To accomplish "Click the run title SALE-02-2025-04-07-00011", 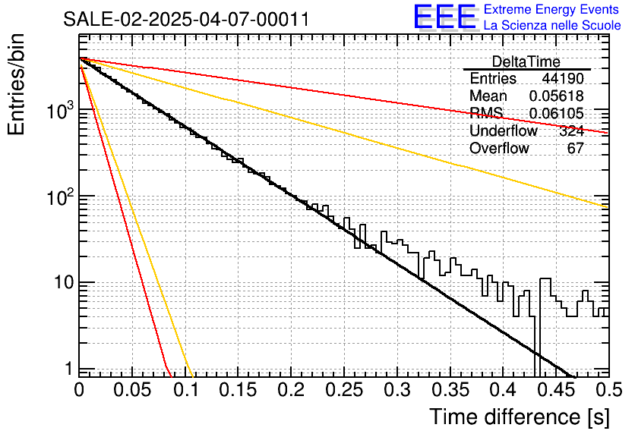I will [186, 19].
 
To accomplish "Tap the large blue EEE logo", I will [444, 17].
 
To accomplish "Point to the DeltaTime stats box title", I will [526, 61].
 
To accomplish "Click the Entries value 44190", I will [563, 79].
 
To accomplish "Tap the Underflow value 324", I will [571, 131].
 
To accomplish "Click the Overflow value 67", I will [575, 149].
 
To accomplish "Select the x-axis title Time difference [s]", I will [519, 417].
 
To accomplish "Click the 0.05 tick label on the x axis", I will [132, 391].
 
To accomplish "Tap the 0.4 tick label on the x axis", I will [501, 391].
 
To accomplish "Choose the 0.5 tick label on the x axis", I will [605, 391].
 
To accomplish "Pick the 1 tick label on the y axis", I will [66, 369].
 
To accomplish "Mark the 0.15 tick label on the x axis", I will [238, 391].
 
